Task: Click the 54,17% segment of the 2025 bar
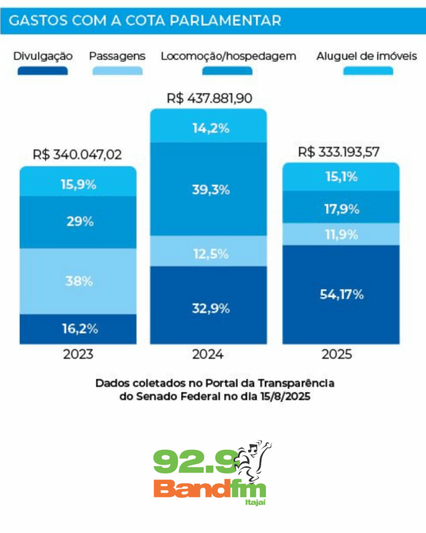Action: (x=341, y=295)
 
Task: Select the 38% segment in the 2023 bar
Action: (x=79, y=282)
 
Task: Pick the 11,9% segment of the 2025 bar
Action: (x=341, y=235)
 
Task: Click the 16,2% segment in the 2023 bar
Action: (x=79, y=329)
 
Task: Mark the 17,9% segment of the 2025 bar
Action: (x=341, y=209)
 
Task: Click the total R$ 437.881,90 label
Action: (x=209, y=98)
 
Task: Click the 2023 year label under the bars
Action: (x=78, y=355)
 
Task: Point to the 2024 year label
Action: (x=208, y=355)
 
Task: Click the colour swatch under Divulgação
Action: (x=43, y=71)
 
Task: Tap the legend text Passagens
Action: (x=117, y=56)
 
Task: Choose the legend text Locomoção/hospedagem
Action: (x=228, y=56)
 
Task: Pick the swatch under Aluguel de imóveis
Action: (x=368, y=71)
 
